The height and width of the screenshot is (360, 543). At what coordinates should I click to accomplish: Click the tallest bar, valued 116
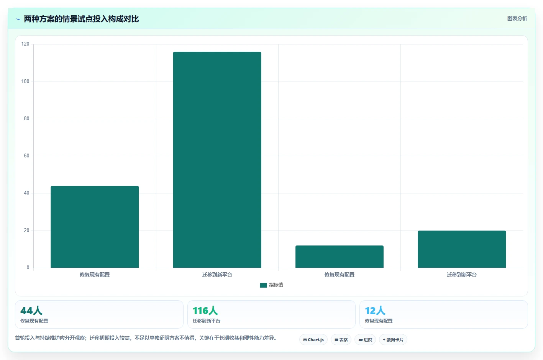point(217,160)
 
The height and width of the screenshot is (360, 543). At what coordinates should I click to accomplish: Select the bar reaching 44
point(95,227)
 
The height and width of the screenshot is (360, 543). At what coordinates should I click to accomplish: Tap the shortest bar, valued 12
point(340,257)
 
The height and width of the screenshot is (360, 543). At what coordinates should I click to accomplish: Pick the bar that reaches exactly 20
point(461,249)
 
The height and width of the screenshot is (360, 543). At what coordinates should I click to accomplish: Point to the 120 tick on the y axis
point(25,44)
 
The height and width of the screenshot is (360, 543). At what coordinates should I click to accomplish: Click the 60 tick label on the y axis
point(26,156)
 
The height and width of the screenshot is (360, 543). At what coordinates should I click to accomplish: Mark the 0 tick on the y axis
point(28,267)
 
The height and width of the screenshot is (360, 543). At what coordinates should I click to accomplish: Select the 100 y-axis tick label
point(25,82)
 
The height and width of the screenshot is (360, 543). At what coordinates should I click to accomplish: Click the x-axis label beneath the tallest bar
point(217,275)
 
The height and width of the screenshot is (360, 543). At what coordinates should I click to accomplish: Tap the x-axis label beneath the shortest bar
point(340,275)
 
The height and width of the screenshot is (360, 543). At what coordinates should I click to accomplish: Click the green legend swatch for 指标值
point(263,285)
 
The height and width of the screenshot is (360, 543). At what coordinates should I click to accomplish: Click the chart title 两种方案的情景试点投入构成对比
point(81,19)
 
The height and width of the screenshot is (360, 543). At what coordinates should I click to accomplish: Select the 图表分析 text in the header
point(517,19)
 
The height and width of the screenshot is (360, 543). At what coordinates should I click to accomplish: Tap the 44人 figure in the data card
point(31,311)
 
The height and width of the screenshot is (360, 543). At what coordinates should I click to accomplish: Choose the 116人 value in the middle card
point(205,311)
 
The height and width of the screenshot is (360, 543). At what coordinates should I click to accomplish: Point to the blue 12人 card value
point(375,311)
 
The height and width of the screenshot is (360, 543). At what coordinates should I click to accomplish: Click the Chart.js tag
point(313,340)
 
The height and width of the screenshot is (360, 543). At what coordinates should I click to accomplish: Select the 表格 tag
point(341,340)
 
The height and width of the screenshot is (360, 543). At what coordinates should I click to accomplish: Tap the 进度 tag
point(365,340)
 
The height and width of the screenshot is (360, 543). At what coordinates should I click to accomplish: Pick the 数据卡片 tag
point(393,340)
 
